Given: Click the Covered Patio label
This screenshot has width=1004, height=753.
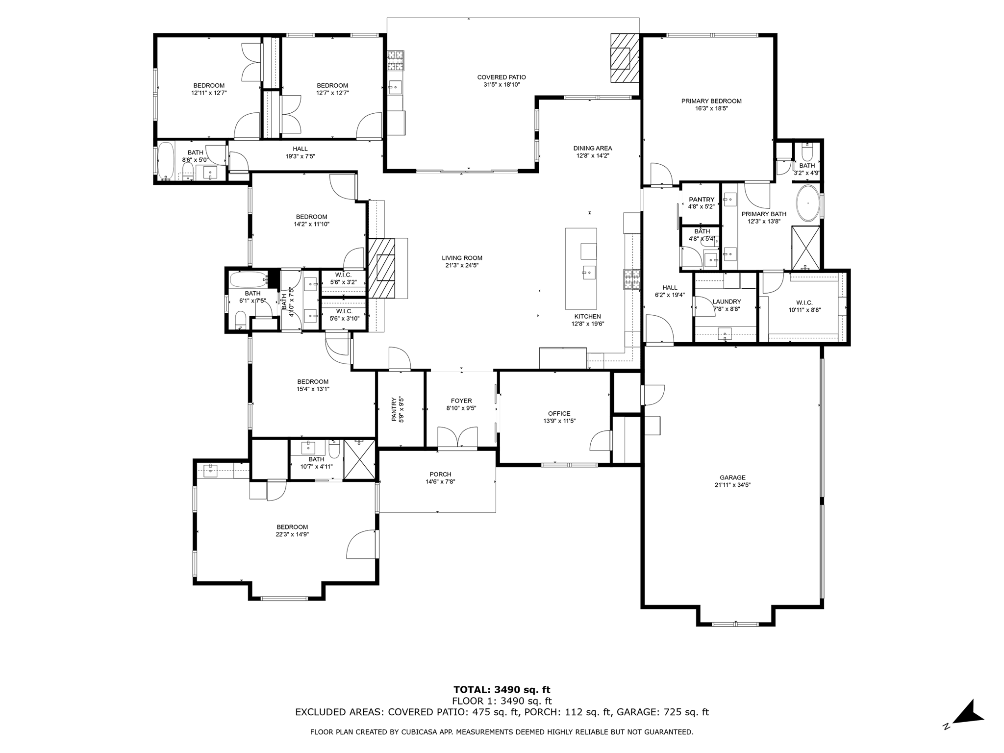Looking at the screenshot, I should (502, 77).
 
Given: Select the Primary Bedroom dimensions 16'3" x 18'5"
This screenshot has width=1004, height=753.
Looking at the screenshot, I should (711, 109).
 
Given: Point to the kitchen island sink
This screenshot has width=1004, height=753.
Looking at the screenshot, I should (588, 270).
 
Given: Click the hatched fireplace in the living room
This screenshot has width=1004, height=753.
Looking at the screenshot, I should (382, 268).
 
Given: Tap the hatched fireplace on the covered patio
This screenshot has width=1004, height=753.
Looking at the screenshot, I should (625, 58).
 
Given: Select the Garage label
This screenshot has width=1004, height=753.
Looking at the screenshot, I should (732, 477).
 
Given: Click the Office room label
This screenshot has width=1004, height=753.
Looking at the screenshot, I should (559, 413).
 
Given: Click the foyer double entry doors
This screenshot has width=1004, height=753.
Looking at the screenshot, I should (457, 437).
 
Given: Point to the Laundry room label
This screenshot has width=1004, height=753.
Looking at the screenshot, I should (727, 301).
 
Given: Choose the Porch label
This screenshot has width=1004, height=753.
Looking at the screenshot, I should (440, 474).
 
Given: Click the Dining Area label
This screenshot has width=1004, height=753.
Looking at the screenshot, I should (593, 148).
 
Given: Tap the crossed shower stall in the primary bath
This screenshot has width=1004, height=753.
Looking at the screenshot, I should (805, 247).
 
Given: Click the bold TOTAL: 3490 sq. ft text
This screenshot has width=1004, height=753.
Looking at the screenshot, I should (502, 690).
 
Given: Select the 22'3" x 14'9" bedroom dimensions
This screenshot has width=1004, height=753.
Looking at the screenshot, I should (292, 535).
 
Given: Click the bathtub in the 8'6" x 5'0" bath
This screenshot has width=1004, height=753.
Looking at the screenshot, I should (165, 161).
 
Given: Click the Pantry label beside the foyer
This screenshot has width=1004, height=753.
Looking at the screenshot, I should (394, 409).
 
